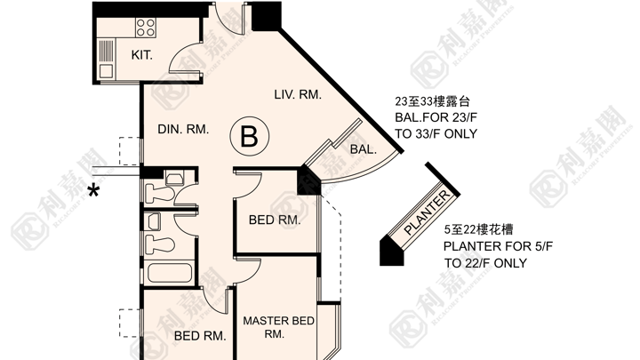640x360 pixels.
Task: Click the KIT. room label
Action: pyautogui.click(x=141, y=55)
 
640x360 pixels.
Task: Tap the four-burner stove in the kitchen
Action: pyautogui.click(x=146, y=28)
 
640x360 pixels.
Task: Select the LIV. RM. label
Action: pyautogui.click(x=298, y=95)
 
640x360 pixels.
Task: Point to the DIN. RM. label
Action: pyautogui.click(x=183, y=130)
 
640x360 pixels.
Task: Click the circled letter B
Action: pyautogui.click(x=250, y=136)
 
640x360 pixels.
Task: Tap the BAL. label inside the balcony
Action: pyautogui.click(x=363, y=149)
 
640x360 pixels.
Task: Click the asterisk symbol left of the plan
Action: pyautogui.click(x=94, y=191)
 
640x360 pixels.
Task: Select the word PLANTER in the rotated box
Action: pyautogui.click(x=427, y=212)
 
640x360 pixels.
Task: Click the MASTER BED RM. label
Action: pyautogui.click(x=278, y=327)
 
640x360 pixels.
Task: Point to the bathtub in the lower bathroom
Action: pyautogui.click(x=170, y=273)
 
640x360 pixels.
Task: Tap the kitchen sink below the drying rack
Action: pyautogui.click(x=106, y=71)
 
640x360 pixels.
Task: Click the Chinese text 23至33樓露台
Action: pyautogui.click(x=432, y=100)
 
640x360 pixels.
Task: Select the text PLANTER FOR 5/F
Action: pyautogui.click(x=498, y=246)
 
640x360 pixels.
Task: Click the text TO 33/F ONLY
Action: pyautogui.click(x=436, y=134)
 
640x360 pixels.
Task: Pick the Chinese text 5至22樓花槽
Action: pyautogui.click(x=478, y=230)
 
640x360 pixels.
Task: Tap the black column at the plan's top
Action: pyautogui.click(x=266, y=16)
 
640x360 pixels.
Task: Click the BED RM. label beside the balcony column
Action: pyautogui.click(x=275, y=220)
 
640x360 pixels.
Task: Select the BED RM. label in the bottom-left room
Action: pyautogui.click(x=200, y=336)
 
